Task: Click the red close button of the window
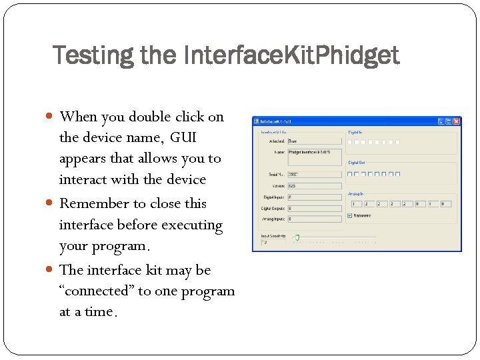457,121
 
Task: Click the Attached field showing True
314,141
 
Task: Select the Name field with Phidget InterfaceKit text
314,157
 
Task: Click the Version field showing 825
314,186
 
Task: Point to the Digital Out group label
357,163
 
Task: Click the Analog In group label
356,195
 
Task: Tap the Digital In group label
355,132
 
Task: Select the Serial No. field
314,175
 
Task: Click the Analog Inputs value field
314,219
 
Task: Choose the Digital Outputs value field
314,208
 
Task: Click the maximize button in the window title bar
449,121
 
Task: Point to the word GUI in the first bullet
183,138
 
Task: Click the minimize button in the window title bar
441,121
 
